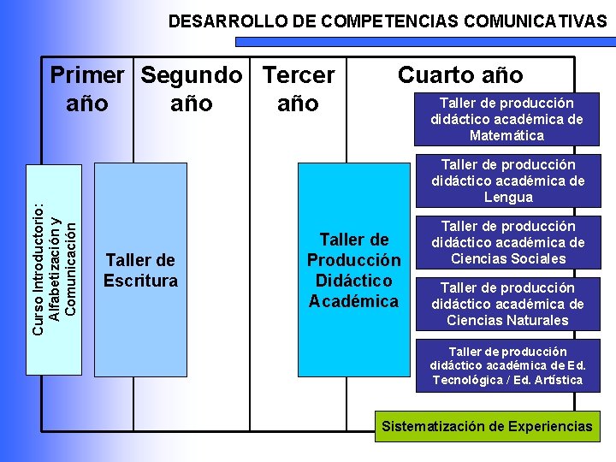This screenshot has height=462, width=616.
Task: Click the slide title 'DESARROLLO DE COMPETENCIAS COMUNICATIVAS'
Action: pos(387,21)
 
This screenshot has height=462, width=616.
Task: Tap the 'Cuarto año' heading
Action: pos(460,75)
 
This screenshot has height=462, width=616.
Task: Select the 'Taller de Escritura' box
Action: pos(140,269)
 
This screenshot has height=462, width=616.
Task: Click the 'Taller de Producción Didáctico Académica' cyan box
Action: pos(353,269)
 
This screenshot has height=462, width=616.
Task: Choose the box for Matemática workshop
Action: pos(506,119)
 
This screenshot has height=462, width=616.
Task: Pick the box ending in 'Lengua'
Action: pos(507,181)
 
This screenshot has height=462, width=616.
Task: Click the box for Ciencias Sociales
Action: pos(507,242)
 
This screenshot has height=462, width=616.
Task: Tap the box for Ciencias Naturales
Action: pos(507,304)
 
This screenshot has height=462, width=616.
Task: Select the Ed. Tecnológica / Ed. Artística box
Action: pos(507,365)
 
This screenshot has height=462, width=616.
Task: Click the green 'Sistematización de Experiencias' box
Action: pos(487,426)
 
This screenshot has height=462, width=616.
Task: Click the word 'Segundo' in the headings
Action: pos(192,75)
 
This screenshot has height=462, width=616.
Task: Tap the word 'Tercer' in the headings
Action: pos(299,75)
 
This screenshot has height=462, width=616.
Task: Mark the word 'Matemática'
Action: pos(506,136)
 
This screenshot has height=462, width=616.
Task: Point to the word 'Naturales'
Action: pos(536,320)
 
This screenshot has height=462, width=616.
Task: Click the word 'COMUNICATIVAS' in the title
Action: pos(537,21)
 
